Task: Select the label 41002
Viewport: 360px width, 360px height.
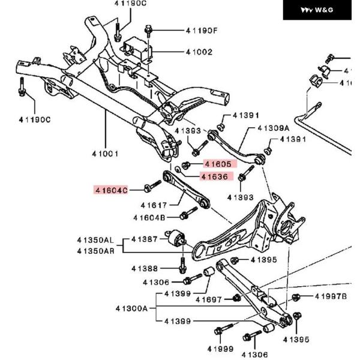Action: click(x=199, y=52)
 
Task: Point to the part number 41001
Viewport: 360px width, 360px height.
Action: click(x=105, y=154)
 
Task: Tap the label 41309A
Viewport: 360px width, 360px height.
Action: click(x=273, y=128)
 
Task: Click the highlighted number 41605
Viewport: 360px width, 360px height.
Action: click(x=218, y=163)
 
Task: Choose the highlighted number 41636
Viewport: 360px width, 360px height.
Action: click(x=214, y=176)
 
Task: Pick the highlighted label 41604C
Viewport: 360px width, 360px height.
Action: click(x=111, y=190)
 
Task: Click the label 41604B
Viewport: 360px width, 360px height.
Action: click(x=149, y=217)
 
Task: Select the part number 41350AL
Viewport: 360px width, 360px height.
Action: click(x=95, y=240)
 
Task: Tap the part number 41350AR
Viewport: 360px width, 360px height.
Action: click(x=95, y=251)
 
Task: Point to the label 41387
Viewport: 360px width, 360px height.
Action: click(x=145, y=239)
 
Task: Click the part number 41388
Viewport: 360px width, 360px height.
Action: click(x=145, y=268)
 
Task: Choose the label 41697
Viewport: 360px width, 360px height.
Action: click(x=209, y=299)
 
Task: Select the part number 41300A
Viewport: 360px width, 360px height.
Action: click(x=131, y=308)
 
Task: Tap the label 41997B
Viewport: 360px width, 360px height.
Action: click(x=331, y=296)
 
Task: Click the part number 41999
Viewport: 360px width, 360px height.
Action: click(x=220, y=349)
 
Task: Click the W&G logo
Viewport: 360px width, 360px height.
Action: click(x=317, y=10)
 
